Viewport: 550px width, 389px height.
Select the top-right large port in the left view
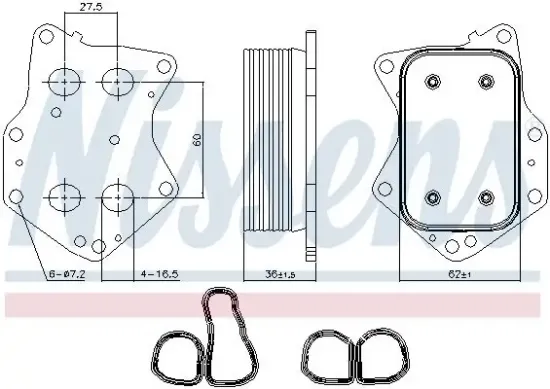pyautogui.click(x=118, y=79)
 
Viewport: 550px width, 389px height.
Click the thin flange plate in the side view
pyautogui.click(x=311, y=140)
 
